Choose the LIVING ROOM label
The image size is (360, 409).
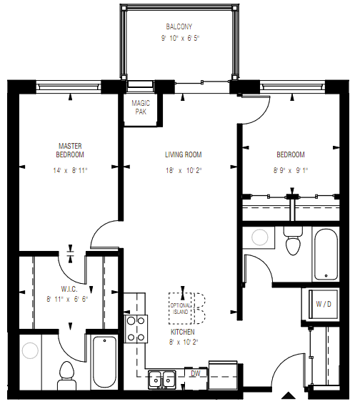tap(183, 154)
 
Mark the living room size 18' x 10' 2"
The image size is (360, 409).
tap(183, 171)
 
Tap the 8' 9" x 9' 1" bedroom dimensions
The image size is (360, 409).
tap(290, 171)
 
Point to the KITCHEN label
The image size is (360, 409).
tap(182, 332)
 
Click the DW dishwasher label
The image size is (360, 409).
tap(195, 374)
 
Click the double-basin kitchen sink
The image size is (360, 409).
tap(163, 378)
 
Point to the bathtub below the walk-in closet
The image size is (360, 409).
tap(104, 361)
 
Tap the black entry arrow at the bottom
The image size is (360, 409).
tap(288, 395)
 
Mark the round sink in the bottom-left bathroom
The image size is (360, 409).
tap(30, 351)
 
